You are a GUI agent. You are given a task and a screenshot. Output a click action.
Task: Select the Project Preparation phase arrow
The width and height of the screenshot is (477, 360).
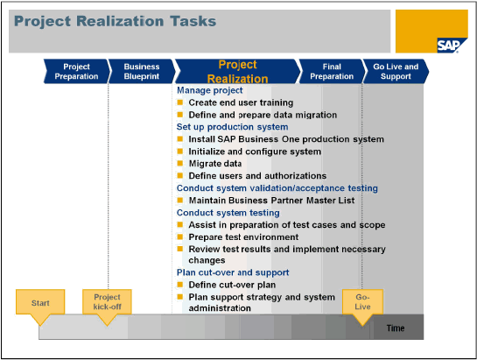point(77,71)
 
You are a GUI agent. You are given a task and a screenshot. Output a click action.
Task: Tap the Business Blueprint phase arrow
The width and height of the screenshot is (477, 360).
point(142,71)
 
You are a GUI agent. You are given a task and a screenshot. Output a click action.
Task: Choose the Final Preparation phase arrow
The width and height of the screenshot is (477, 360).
point(332,71)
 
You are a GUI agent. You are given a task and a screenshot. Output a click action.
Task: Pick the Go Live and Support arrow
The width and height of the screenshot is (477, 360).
point(396,71)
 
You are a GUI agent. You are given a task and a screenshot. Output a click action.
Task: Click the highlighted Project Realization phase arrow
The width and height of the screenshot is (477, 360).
point(237,71)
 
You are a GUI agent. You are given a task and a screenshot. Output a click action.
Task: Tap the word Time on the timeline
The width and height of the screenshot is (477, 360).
point(396,328)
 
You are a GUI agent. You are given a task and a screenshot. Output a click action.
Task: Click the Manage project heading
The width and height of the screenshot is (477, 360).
point(209,90)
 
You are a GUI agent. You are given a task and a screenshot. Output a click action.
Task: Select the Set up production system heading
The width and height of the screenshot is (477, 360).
point(233,127)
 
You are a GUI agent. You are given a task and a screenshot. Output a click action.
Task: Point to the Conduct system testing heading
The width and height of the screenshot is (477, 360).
point(228,213)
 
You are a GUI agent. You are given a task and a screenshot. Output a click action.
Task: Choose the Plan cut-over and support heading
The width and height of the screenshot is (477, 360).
point(233,272)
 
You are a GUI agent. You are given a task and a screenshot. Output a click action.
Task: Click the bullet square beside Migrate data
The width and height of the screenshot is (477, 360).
point(180,163)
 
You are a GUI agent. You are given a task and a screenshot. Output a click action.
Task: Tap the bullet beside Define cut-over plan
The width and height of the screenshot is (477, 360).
point(180,285)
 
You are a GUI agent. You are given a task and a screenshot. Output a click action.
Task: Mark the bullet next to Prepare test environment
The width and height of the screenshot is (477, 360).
point(180,236)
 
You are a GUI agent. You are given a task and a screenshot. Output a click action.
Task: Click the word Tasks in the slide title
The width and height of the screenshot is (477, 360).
point(193,21)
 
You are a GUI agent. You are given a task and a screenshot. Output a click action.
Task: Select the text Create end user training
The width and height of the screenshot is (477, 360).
point(241,102)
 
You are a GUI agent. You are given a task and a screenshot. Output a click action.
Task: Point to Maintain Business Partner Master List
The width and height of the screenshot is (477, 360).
point(271,201)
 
